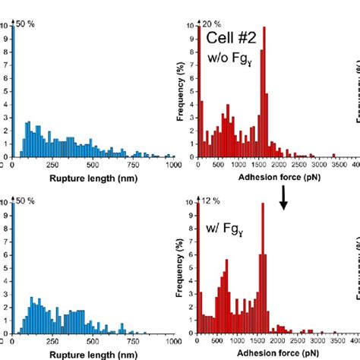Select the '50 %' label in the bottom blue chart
pos(26,201)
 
